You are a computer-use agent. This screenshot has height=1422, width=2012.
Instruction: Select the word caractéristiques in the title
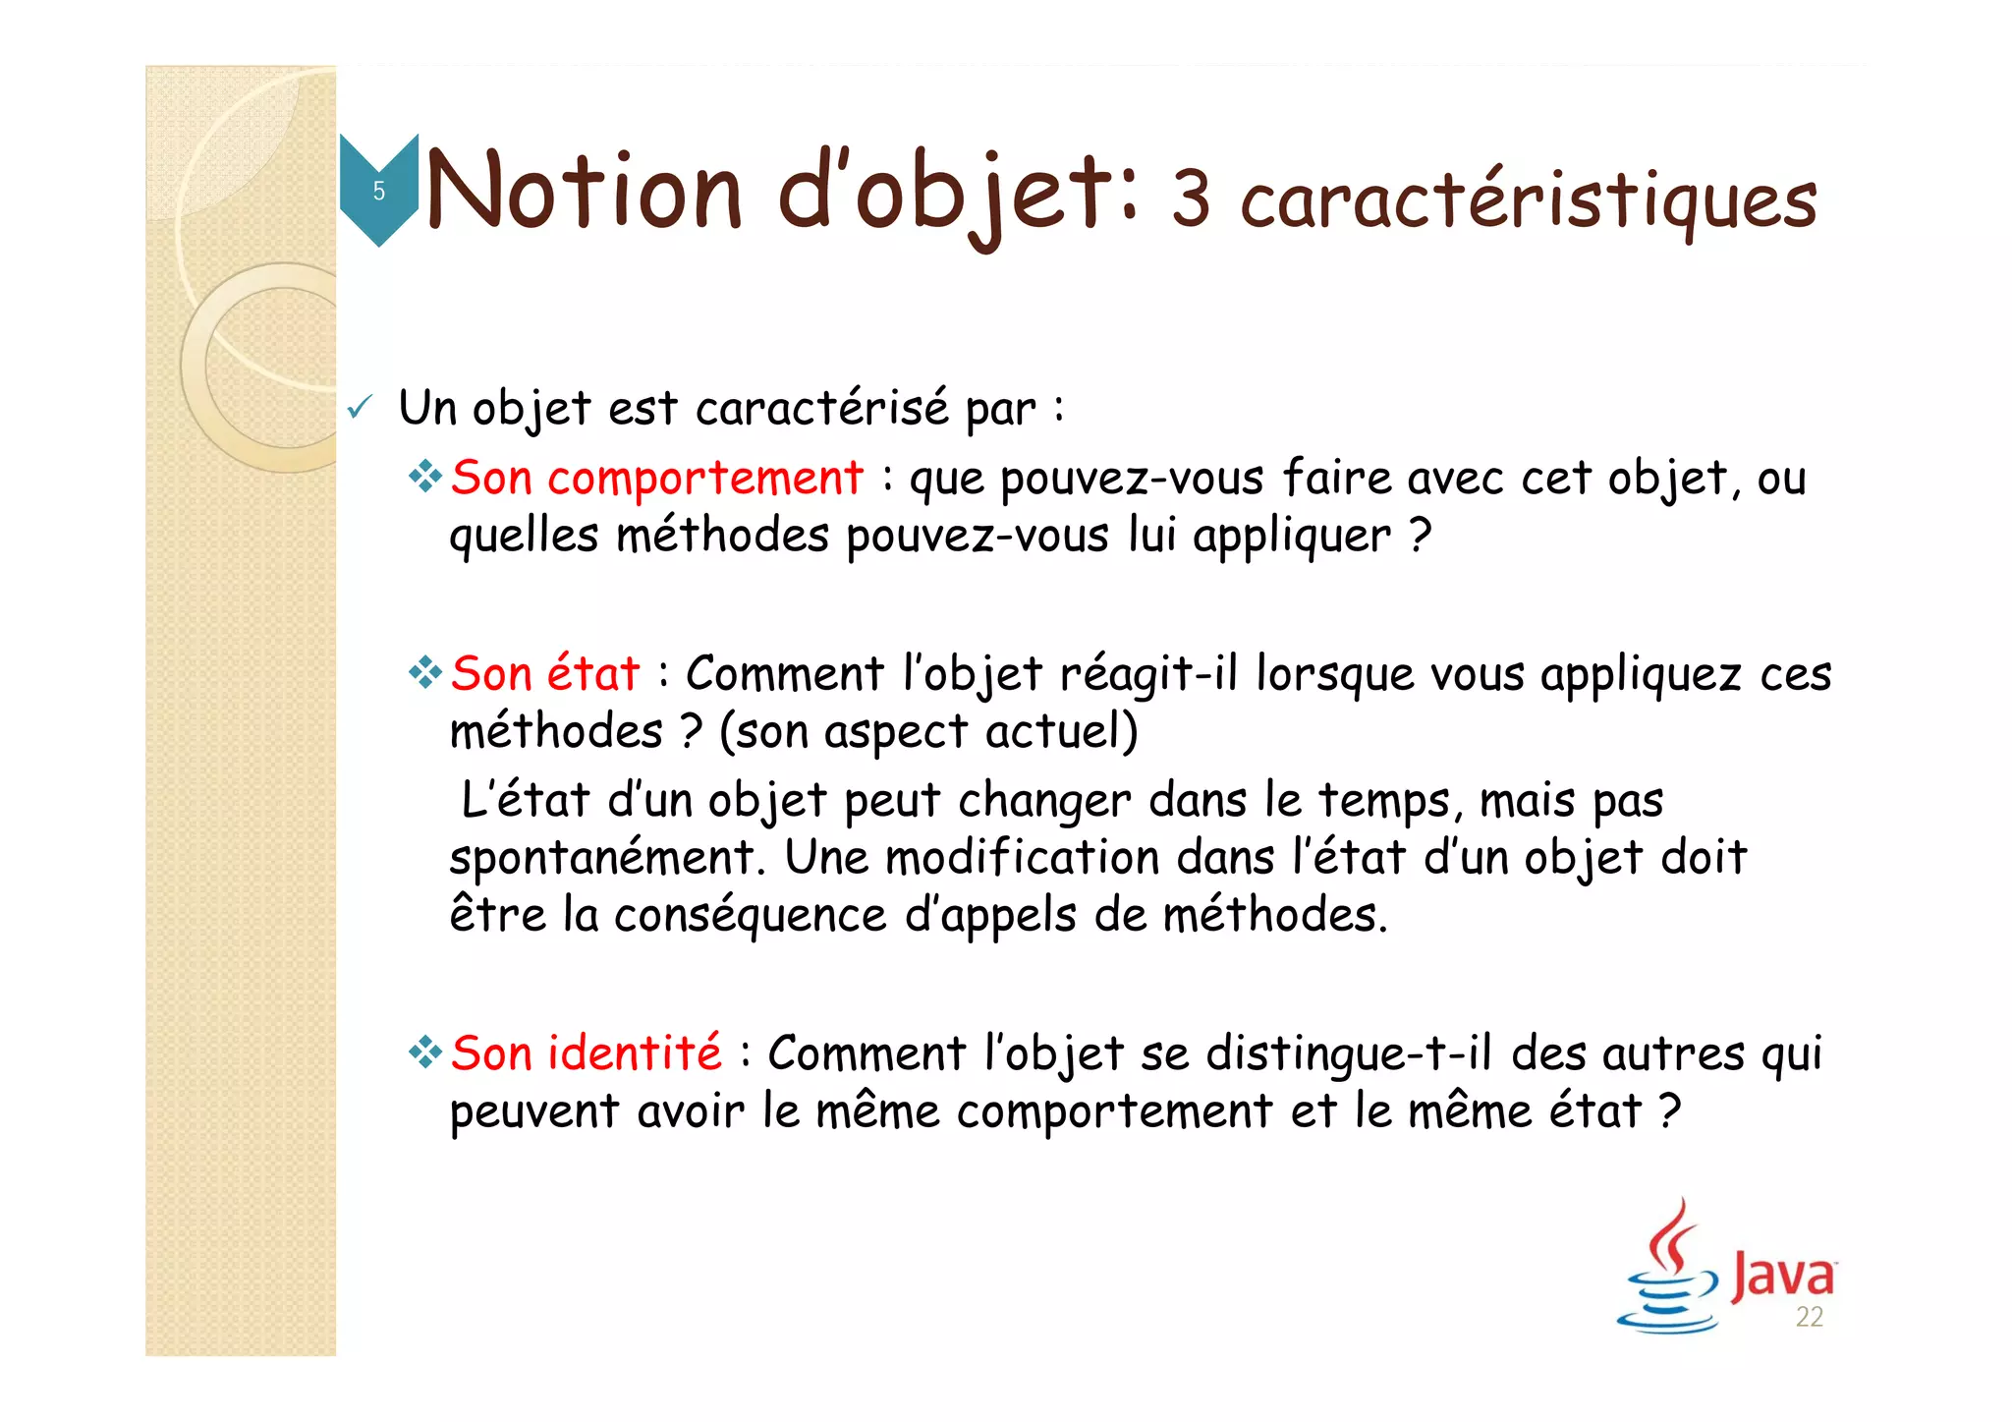[1528, 201]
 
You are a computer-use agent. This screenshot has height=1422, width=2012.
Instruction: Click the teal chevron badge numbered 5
[378, 190]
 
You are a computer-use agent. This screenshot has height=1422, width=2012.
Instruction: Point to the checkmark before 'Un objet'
[360, 407]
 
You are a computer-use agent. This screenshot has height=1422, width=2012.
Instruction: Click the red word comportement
[704, 480]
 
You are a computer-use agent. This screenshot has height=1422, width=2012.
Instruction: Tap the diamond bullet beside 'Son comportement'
[426, 479]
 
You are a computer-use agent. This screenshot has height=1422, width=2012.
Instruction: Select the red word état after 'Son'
[592, 675]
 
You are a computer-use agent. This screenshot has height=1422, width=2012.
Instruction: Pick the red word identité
[634, 1053]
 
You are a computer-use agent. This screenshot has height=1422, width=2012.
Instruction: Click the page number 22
[1809, 1318]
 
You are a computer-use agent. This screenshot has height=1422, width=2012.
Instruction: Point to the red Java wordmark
[1782, 1275]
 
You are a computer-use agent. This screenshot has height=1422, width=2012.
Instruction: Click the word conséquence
[750, 916]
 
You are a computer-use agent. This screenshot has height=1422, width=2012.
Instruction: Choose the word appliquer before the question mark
[1292, 538]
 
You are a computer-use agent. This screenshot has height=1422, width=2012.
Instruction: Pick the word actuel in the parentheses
[1059, 733]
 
